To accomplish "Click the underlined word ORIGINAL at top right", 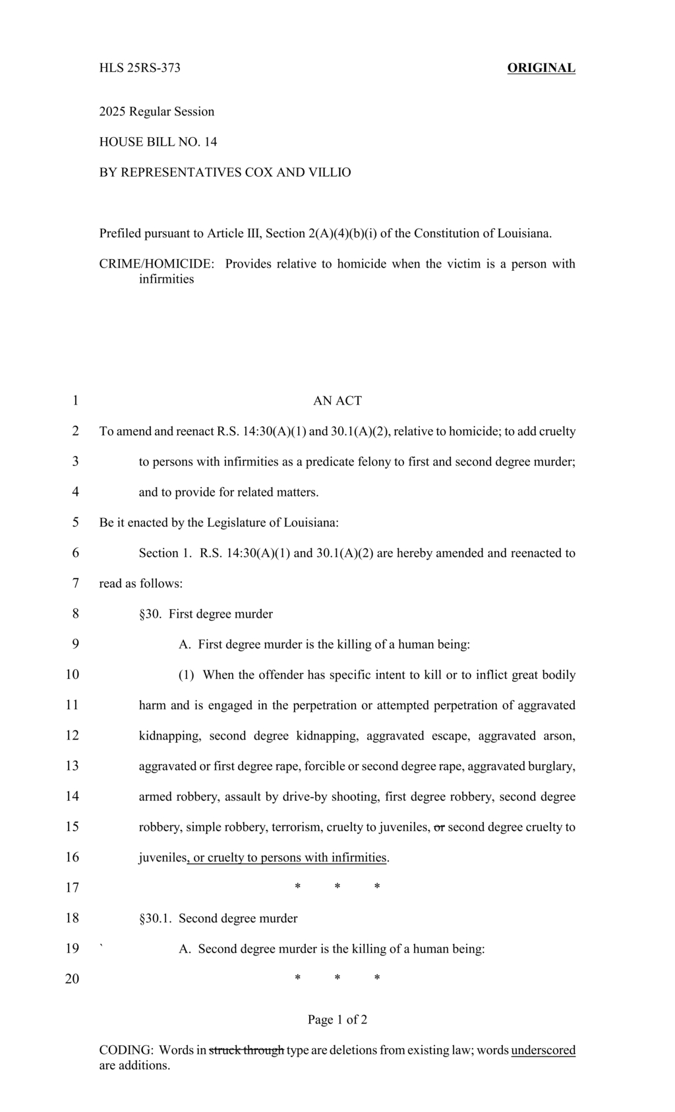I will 541,68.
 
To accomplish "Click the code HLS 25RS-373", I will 140,68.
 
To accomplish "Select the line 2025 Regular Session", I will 157,111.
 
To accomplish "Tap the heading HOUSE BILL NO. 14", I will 158,142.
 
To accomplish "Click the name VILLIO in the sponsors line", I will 328,172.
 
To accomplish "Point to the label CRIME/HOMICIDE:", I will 157,264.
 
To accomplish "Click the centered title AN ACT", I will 337,401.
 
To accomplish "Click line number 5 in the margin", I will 75,523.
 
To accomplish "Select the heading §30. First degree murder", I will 206,614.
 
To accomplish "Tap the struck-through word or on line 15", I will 439,827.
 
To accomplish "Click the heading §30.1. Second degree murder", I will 218,918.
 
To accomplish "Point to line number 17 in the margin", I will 72,888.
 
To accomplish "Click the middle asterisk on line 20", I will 337,979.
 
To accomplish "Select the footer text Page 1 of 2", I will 337,1020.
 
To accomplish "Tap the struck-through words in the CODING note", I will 246,1050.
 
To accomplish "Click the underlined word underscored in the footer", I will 543,1050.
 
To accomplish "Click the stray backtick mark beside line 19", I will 101,947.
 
